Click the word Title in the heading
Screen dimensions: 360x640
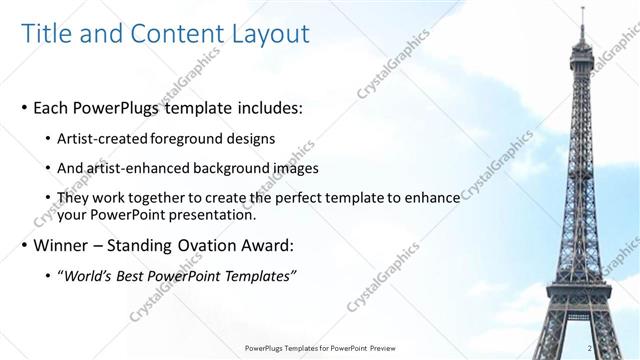pyautogui.click(x=46, y=34)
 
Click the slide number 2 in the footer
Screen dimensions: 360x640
pyautogui.click(x=591, y=348)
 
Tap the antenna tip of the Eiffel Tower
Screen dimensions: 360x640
pyautogui.click(x=582, y=9)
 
